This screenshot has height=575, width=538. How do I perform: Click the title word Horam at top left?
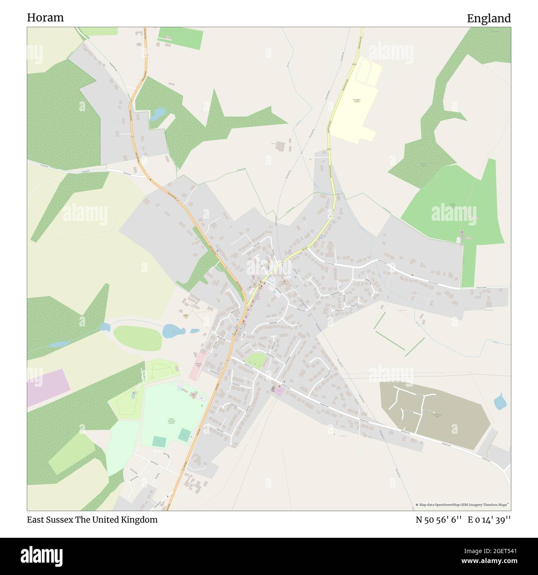coord(46,17)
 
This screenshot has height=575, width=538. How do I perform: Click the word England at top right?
coord(489,18)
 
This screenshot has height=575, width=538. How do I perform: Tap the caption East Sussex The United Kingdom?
coord(92,520)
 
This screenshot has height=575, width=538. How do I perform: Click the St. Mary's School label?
coord(357,101)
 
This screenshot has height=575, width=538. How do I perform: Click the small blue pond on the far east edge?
coord(500,400)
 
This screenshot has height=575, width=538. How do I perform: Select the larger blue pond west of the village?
coord(173,331)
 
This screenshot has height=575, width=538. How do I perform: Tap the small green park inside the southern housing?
coord(256,359)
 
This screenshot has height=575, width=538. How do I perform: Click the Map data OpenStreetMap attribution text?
coord(463,505)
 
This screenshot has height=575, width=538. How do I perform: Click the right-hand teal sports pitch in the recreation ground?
coord(185,434)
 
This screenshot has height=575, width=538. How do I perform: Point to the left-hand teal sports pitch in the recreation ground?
coord(158,441)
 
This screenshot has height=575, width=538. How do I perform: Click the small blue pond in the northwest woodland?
coord(158,113)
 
